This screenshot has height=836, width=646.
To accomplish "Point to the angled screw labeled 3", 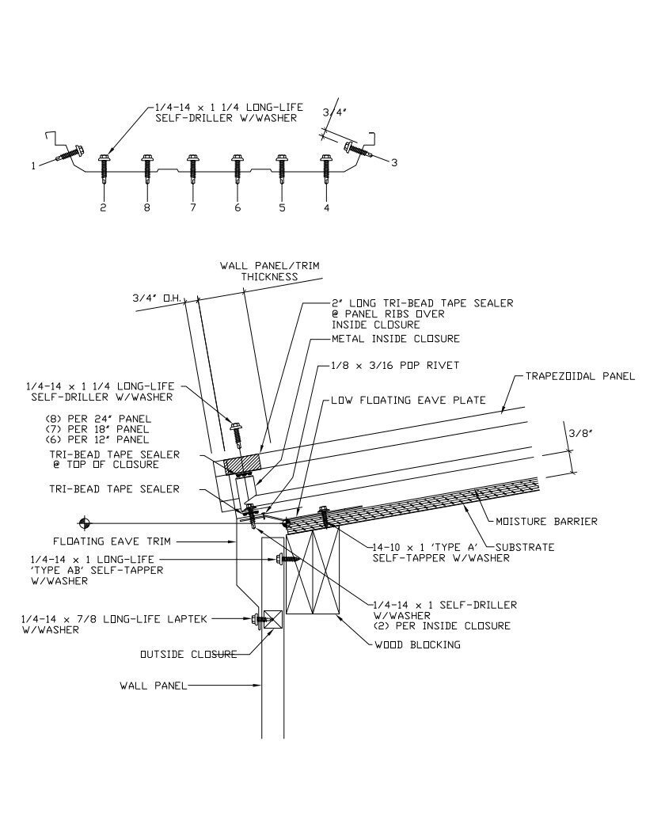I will [x=355, y=148].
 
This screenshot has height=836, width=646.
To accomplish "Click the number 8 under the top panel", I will [x=147, y=208].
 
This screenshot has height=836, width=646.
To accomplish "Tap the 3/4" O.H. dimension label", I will [x=158, y=298].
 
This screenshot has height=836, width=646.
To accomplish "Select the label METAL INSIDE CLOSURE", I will [x=394, y=339].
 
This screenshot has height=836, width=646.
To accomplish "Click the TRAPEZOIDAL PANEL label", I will [x=579, y=376].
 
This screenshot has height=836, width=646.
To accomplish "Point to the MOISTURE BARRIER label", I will [x=546, y=521].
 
